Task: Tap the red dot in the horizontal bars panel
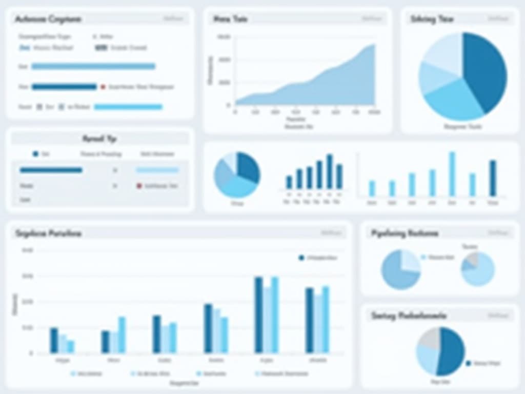(x=103, y=87)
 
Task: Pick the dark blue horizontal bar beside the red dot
(x=64, y=87)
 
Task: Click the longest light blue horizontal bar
(x=93, y=66)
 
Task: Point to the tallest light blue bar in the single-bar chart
(x=452, y=174)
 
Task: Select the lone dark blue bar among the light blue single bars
(x=493, y=178)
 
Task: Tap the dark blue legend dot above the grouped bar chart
(x=301, y=258)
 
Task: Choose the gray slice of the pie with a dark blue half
(x=428, y=338)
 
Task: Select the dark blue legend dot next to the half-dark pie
(x=468, y=363)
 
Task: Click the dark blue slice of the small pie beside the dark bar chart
(x=248, y=166)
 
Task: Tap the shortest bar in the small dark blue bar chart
(x=289, y=182)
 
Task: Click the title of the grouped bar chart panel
(x=49, y=233)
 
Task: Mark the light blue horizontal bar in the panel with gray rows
(x=157, y=170)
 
